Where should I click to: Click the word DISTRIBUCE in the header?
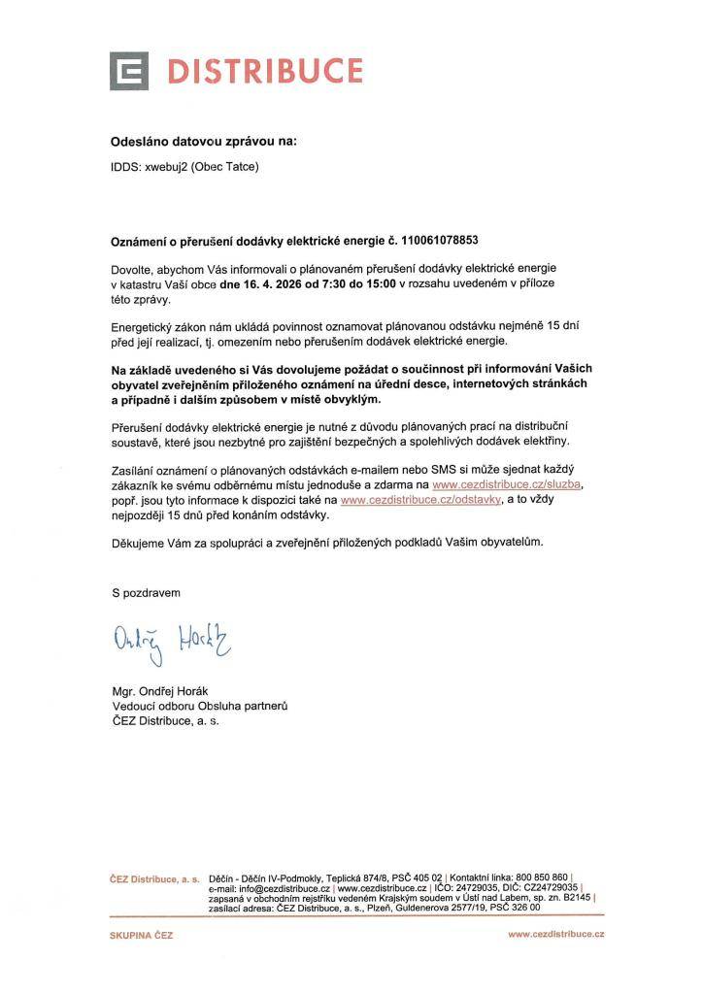pyautogui.click(x=265, y=71)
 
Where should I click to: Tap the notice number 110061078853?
pyautogui.click(x=433, y=238)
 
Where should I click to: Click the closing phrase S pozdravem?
pyautogui.click(x=146, y=591)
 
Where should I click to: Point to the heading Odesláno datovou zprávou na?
pyautogui.click(x=203, y=141)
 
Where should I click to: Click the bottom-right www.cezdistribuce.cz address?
pyautogui.click(x=555, y=934)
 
